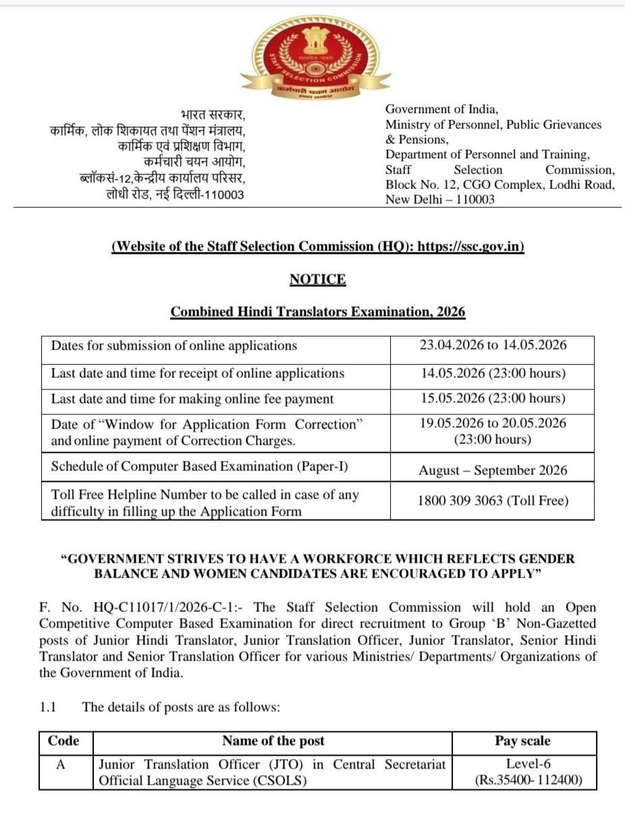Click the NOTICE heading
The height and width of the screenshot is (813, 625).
(317, 279)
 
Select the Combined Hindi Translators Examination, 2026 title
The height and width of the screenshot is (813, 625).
(317, 312)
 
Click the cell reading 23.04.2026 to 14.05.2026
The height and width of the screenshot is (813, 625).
(492, 345)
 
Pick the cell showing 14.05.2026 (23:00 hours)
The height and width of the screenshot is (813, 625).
(492, 373)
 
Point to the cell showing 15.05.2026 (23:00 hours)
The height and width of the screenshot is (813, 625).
(492, 398)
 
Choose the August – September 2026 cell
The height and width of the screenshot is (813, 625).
(492, 470)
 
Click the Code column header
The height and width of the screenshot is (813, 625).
(64, 741)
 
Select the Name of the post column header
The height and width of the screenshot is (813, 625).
(273, 741)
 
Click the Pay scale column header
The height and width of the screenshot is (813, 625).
(522, 741)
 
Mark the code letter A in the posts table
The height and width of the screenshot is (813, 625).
(60, 764)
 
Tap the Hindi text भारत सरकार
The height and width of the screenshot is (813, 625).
(213, 114)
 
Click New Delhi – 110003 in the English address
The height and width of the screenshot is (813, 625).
(439, 199)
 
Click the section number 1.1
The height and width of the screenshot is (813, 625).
(48, 707)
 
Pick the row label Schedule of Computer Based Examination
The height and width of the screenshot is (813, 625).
(200, 467)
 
